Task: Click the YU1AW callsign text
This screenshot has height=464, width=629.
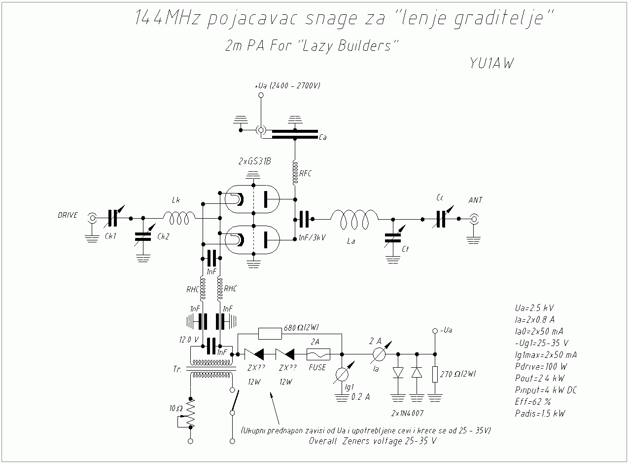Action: [491, 63]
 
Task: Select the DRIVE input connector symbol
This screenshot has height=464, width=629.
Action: [92, 218]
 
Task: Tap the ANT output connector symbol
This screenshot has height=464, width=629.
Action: [474, 219]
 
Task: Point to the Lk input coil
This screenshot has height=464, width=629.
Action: [179, 218]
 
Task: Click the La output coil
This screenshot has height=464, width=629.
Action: [354, 219]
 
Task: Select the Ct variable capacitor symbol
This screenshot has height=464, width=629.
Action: [393, 238]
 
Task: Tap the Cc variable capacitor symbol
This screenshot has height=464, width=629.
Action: [441, 219]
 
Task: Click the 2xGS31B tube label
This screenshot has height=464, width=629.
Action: [254, 161]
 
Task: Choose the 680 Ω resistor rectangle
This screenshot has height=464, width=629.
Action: [270, 334]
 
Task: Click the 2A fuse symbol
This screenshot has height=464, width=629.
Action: [318, 354]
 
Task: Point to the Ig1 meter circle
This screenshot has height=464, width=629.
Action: [342, 374]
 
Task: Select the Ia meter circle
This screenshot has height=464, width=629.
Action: [379, 354]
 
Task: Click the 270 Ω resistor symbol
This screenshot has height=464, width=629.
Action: [435, 374]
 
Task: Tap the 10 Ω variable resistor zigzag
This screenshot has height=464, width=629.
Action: [190, 413]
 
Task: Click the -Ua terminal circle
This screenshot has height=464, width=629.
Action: [435, 331]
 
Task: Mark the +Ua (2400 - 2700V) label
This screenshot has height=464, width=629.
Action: [287, 85]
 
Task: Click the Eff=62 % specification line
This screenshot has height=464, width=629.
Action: [533, 402]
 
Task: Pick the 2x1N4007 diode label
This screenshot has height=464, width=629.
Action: [407, 413]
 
